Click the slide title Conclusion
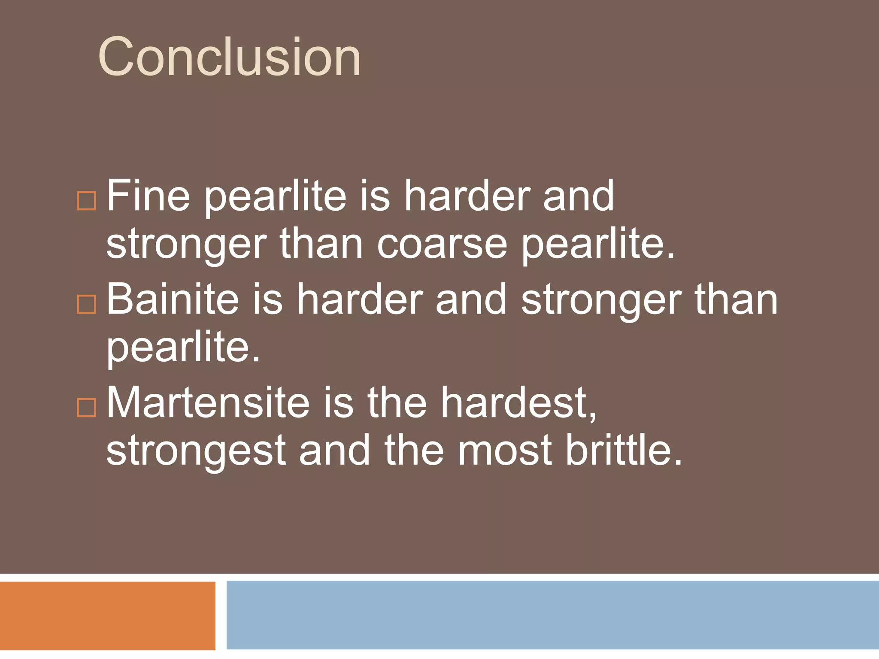click(x=229, y=57)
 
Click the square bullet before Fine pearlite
click(x=86, y=201)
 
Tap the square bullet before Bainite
click(x=86, y=304)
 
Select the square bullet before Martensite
click(x=86, y=408)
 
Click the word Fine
click(x=148, y=196)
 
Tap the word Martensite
click(x=208, y=403)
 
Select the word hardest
click(x=518, y=403)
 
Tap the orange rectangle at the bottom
click(x=107, y=615)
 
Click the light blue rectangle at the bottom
click(x=552, y=615)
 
